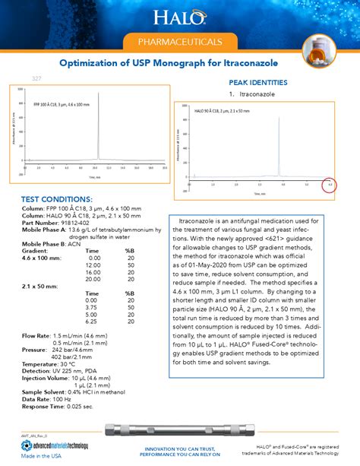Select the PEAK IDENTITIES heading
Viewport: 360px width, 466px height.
(x=257, y=81)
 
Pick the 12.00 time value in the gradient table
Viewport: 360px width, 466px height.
(x=94, y=265)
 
